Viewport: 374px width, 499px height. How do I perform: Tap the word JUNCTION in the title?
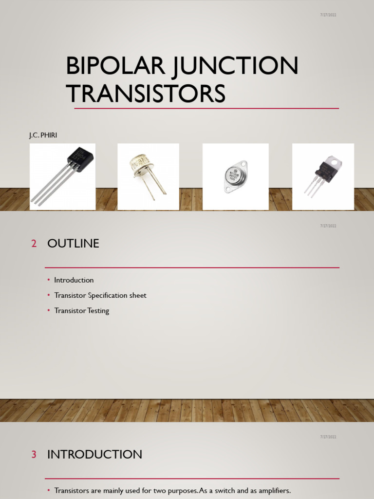click(238, 66)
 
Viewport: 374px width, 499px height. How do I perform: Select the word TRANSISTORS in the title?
click(146, 93)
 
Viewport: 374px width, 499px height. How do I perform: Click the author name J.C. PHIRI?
click(43, 135)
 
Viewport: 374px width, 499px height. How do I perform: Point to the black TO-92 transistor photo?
click(62, 176)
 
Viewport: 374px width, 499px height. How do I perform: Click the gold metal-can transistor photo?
click(148, 176)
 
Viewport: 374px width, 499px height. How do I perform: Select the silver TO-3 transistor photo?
click(236, 176)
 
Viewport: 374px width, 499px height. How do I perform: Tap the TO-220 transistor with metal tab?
click(323, 176)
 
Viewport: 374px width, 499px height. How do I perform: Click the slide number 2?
click(34, 244)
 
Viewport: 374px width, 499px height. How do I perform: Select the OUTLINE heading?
click(73, 244)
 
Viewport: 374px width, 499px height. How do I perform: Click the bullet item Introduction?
click(74, 280)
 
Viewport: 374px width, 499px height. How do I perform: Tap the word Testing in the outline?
click(98, 310)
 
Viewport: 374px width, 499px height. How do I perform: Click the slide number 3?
click(34, 455)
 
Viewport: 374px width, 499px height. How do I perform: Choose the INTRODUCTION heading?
click(94, 455)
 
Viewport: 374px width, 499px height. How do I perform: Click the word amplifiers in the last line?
click(273, 491)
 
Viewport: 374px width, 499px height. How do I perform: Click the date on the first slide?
click(329, 15)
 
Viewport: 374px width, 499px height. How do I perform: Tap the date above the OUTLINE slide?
click(329, 226)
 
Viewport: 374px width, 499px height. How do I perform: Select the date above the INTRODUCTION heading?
click(329, 437)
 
